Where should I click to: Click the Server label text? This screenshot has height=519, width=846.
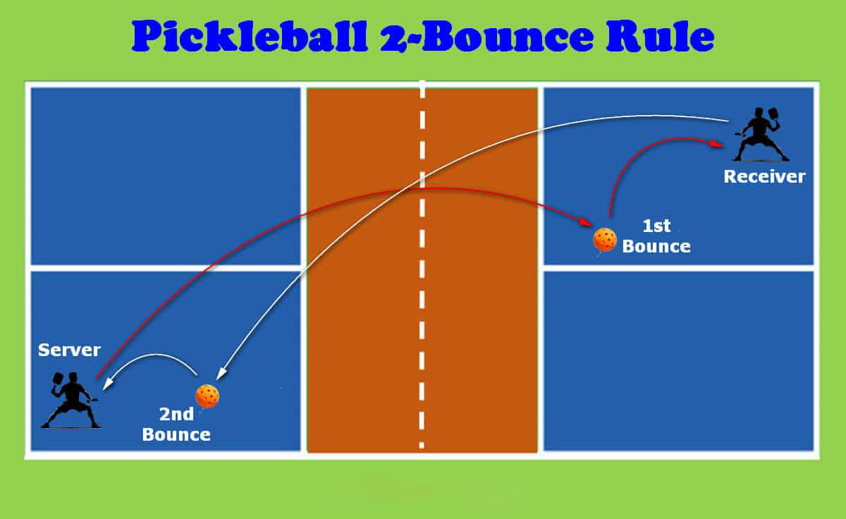70,350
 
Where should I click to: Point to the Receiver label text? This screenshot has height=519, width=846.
764,176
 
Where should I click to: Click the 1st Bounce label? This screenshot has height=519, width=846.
656,237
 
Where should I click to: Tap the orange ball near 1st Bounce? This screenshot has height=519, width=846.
605,240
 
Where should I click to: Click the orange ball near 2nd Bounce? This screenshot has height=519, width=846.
207,396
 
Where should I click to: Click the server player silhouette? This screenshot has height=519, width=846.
71,402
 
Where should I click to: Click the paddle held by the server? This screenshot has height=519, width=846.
57,381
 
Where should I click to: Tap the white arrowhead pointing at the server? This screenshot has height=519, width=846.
108,384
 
